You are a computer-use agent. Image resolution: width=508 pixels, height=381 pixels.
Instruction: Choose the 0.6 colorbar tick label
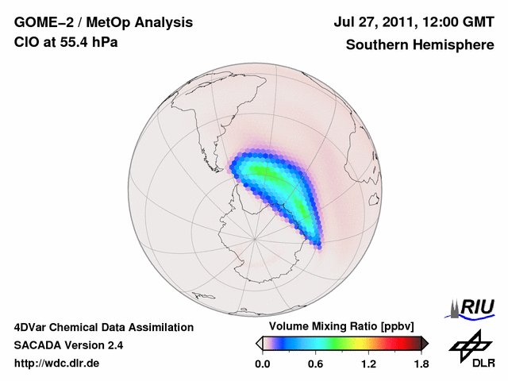pyautogui.click(x=315, y=364)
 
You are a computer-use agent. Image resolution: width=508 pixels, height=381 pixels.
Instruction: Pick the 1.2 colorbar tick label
pyautogui.click(x=368, y=364)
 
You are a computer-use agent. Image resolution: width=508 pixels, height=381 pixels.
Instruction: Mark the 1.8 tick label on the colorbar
pyautogui.click(x=421, y=364)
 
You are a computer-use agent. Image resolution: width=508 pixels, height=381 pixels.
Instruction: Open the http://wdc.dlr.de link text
pyautogui.click(x=57, y=364)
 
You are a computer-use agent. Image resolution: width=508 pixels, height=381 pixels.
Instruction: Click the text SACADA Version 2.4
pyautogui.click(x=69, y=345)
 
